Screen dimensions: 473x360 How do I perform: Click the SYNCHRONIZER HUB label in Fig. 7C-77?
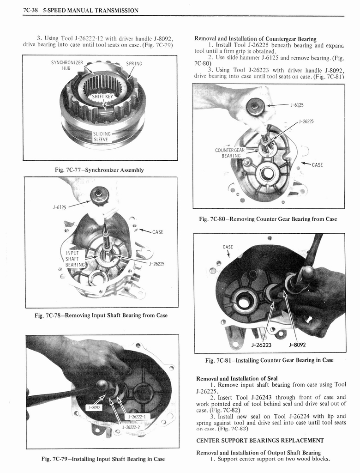(67, 66)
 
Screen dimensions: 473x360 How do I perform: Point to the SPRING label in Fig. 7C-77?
(134, 63)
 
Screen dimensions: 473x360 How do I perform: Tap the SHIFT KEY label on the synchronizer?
(102, 96)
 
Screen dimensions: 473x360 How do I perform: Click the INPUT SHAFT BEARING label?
(76, 259)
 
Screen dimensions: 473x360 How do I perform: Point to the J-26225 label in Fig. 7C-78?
(157, 264)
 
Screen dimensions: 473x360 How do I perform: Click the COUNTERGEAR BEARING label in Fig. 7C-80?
(230, 153)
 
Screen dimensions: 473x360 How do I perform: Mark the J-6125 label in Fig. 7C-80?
(297, 105)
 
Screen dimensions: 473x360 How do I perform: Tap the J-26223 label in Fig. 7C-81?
(260, 344)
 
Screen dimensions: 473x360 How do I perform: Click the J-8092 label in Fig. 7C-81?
(298, 344)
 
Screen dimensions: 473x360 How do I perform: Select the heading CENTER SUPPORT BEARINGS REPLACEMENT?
(260, 440)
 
